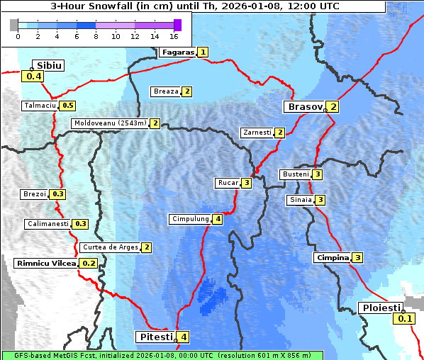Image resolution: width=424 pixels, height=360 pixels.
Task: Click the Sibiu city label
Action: click(x=50, y=65)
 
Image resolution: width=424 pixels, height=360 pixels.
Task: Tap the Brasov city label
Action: click(x=303, y=107)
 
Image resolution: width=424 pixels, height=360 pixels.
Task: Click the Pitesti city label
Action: click(x=155, y=337)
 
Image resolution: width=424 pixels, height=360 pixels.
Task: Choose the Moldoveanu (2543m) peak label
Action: click(x=110, y=123)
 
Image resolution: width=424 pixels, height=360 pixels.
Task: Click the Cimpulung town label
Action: click(x=189, y=219)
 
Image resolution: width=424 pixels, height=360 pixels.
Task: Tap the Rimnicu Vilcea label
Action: click(x=45, y=263)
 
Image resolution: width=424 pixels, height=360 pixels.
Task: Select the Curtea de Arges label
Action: click(x=109, y=247)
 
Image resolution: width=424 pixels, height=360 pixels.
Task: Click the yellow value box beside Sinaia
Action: click(x=320, y=200)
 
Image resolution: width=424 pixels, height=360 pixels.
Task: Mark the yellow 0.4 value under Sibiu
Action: click(x=34, y=77)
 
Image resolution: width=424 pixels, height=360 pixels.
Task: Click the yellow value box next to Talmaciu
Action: click(x=67, y=106)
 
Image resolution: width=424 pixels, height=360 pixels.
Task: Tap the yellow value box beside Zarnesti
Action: click(x=280, y=133)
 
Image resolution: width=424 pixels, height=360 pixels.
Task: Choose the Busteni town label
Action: click(x=294, y=174)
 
